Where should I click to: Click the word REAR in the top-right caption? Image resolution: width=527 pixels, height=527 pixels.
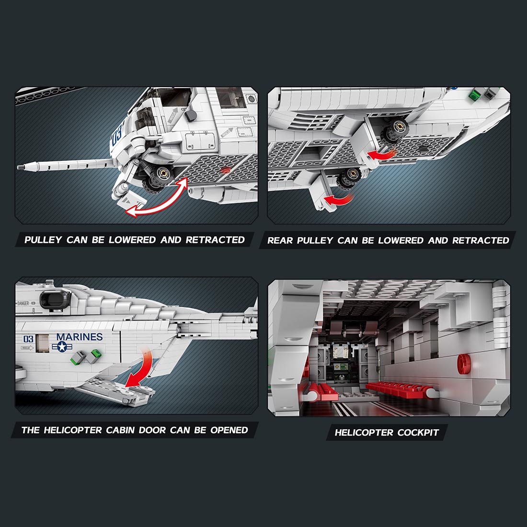tap(280, 241)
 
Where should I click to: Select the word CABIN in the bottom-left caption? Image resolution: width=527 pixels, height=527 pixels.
tap(121, 430)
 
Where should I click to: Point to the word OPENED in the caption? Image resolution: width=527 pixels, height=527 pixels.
tap(229, 430)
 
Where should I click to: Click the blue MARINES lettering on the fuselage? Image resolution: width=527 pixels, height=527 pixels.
tap(79, 337)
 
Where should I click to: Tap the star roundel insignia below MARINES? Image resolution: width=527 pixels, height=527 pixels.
tap(63, 346)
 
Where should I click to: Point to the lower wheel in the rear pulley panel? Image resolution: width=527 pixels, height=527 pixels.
tap(348, 180)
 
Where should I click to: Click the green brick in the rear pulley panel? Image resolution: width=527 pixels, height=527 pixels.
tap(475, 95)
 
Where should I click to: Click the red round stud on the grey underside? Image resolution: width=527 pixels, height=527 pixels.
tap(226, 170)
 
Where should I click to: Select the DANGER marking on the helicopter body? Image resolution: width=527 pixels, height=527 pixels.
tap(23, 303)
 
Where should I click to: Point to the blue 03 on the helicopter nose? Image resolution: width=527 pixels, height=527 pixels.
tap(117, 136)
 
